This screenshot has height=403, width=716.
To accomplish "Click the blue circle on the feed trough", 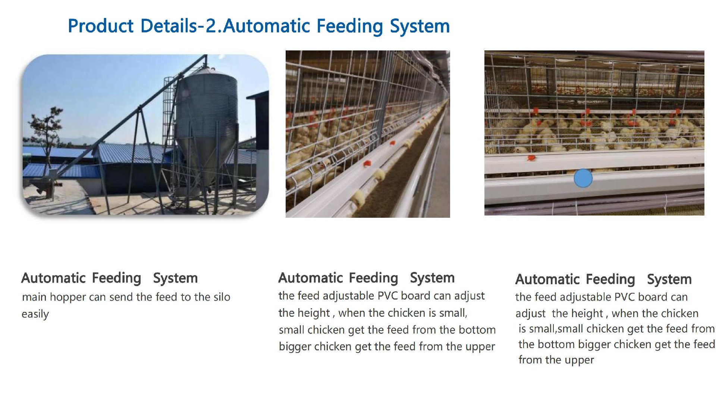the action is pos(583,178).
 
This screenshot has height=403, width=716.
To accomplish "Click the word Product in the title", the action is pos(101,26).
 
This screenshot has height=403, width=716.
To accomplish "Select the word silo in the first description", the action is pos(222,297).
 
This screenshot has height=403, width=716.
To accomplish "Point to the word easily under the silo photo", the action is pos(35,314).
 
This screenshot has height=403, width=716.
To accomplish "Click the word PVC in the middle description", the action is pos(387,296).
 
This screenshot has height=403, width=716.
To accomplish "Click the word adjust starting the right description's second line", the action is pos(530,314).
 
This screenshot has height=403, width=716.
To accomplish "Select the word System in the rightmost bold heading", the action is pos(669,279).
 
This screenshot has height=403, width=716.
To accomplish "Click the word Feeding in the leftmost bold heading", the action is pos(116,278).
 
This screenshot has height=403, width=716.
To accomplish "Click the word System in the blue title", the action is pos(420,26).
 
